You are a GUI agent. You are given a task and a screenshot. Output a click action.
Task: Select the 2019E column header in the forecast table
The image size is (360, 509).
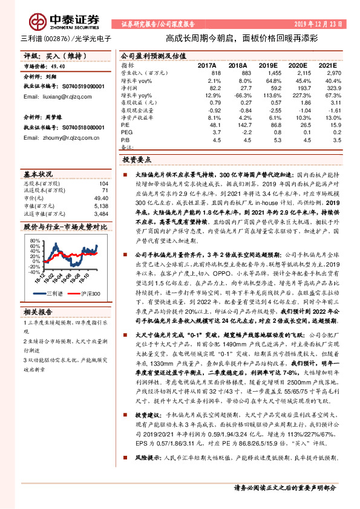click(270, 65)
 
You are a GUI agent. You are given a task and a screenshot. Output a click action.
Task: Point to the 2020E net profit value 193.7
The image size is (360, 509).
click(302, 88)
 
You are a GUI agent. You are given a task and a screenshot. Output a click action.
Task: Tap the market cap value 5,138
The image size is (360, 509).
click(101, 206)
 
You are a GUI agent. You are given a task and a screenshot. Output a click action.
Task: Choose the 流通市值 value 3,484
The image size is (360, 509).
click(101, 213)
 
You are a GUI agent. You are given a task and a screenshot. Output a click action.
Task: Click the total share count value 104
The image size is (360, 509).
click(103, 184)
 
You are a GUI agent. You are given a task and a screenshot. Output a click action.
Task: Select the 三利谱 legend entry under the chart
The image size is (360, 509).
click(56, 293)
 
